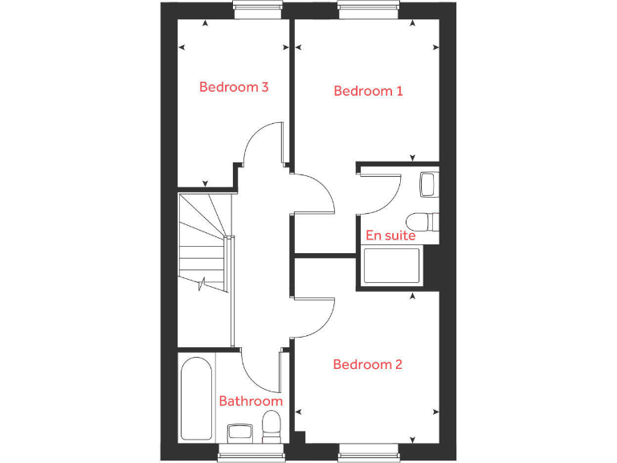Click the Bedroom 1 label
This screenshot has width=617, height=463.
click(368, 91)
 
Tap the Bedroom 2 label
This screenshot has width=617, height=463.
click(367, 364)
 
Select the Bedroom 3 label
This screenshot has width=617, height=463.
click(233, 87)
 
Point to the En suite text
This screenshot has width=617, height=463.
click(390, 236)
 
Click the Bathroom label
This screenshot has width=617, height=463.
click(251, 401)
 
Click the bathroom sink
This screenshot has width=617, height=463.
click(240, 432)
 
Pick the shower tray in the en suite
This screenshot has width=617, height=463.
click(392, 267)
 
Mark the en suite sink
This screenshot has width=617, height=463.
click(429, 184)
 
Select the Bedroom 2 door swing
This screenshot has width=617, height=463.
click(313, 315)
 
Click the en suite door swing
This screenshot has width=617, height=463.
click(380, 191)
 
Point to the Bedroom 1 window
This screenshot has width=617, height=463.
click(368, 10)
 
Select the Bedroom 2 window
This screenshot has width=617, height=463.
click(368, 455)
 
